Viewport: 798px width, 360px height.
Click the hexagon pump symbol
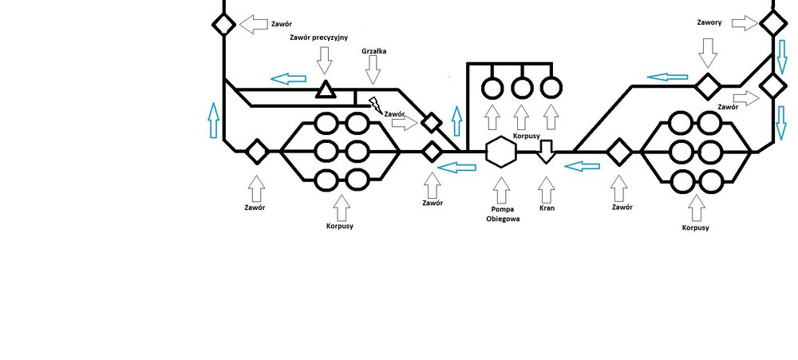pyautogui.click(x=500, y=151)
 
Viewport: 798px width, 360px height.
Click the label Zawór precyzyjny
pyautogui.click(x=323, y=38)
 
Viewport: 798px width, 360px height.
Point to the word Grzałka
pyautogui.click(x=373, y=52)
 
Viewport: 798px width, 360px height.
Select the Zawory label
pyautogui.click(x=708, y=22)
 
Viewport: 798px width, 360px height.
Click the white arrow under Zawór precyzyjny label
pyautogui.click(x=324, y=60)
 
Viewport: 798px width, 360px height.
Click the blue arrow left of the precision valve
pyautogui.click(x=288, y=78)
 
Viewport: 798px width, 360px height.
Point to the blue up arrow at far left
pyautogui.click(x=213, y=121)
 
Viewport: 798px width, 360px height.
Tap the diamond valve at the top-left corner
pyautogui.click(x=223, y=25)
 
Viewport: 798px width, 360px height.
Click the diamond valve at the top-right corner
pyautogui.click(x=772, y=23)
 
